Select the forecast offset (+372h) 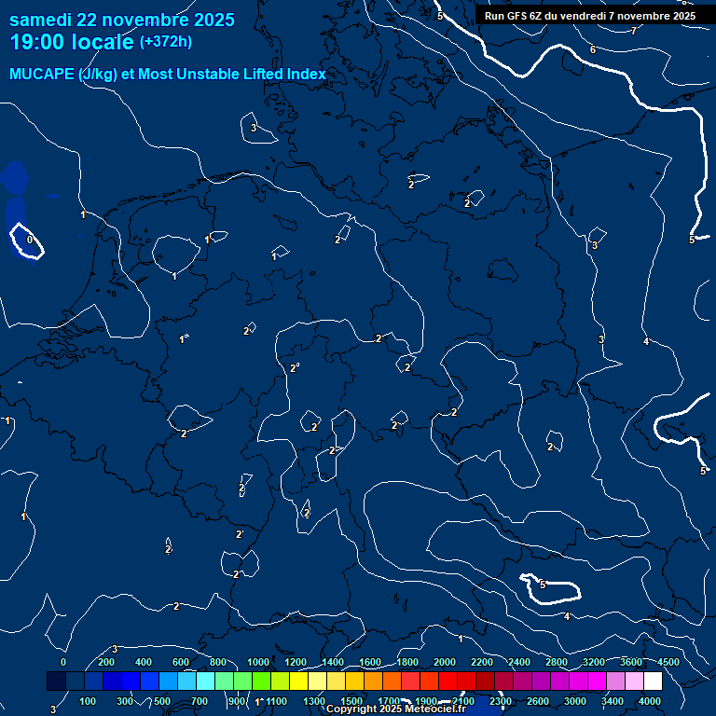tap(165, 41)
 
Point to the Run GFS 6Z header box tap(590, 16)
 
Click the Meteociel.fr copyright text tap(397, 709)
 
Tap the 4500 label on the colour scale tap(668, 662)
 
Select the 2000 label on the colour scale tap(445, 662)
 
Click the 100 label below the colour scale tap(89, 701)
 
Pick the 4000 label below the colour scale tap(650, 701)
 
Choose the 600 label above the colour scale tap(182, 662)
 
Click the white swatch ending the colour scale tap(653, 682)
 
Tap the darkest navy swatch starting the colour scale tap(56, 682)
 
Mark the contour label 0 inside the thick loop tap(30, 241)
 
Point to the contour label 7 tap(633, 32)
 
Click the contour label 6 tap(593, 49)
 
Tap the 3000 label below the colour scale tap(575, 701)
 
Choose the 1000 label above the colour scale tap(258, 662)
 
